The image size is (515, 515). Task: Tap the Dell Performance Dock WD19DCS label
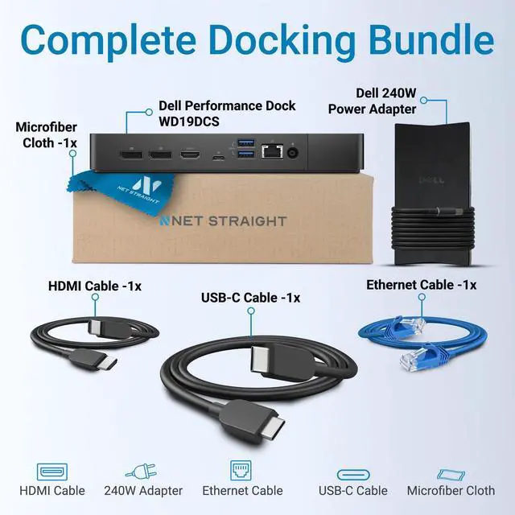[227, 113]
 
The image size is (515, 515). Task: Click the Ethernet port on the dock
[272, 150]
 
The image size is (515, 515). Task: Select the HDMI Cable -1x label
[95, 285]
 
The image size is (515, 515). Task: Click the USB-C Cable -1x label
[250, 298]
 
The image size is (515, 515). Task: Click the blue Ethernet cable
[418, 338]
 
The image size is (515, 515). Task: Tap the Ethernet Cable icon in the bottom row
[242, 470]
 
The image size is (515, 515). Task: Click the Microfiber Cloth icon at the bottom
[451, 472]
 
